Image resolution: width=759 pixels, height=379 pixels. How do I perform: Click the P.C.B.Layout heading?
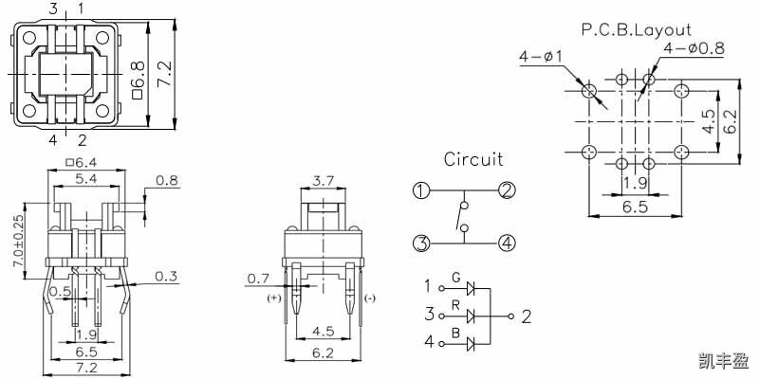pyautogui.click(x=636, y=30)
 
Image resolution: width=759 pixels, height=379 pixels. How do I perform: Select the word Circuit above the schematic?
pyautogui.click(x=473, y=159)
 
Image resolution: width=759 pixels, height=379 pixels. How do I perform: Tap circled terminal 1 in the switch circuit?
pyautogui.click(x=421, y=191)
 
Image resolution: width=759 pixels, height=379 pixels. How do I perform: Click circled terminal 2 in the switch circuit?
pyautogui.click(x=507, y=191)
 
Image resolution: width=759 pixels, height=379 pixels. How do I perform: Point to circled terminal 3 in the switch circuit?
pyautogui.click(x=421, y=243)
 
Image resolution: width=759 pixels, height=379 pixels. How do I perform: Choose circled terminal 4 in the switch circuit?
pyautogui.click(x=507, y=243)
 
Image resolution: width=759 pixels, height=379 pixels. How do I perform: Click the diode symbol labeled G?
pyautogui.click(x=471, y=289)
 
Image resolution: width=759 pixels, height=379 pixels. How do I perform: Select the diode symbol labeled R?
pyautogui.click(x=471, y=316)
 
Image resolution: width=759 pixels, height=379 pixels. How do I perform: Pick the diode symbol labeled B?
pyautogui.click(x=471, y=344)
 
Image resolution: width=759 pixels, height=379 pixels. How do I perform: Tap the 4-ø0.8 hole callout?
pyautogui.click(x=694, y=48)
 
